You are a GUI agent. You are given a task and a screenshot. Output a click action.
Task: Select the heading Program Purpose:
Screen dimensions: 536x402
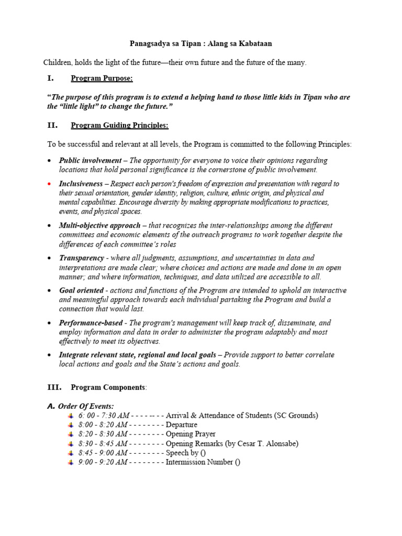(102, 79)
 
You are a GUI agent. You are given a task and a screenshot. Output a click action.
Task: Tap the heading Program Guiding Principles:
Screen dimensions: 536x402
(119, 126)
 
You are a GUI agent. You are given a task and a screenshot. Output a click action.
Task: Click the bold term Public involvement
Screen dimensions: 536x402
(88, 160)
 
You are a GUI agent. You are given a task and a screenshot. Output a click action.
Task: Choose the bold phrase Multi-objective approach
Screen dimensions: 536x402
(99, 226)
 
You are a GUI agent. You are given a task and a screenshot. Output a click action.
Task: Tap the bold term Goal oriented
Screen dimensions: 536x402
(81, 291)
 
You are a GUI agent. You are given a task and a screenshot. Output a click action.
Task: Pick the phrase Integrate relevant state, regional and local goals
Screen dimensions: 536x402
(137, 355)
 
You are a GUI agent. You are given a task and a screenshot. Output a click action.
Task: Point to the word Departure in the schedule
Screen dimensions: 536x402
(182, 425)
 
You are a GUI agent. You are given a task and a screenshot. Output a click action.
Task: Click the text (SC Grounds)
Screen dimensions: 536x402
(296, 416)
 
